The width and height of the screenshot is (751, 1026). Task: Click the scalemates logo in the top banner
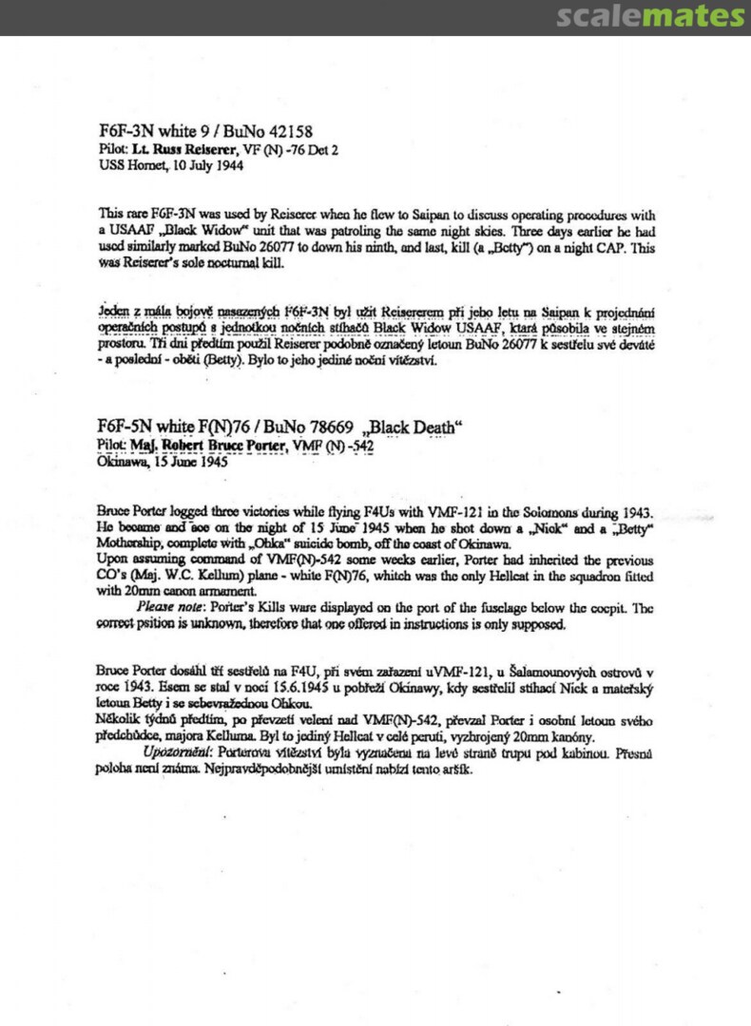pos(650,16)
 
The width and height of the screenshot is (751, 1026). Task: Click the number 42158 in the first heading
pos(281,132)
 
